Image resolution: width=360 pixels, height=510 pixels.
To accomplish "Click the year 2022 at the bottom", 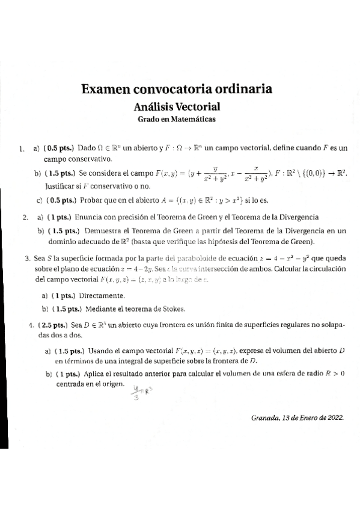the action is [x=332, y=419].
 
